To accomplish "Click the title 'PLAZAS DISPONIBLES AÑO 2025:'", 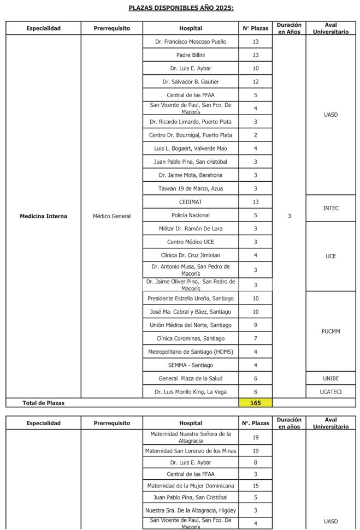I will tap(181, 8).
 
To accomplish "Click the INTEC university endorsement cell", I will tap(331, 209).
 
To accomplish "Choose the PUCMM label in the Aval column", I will tap(331, 331).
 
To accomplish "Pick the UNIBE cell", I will tap(331, 378).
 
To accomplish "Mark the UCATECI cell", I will tap(331, 392).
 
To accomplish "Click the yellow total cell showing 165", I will tap(256, 403).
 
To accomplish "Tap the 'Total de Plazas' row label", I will tap(44, 403).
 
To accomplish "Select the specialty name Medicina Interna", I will tap(44, 216).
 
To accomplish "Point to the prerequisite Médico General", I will tap(112, 216).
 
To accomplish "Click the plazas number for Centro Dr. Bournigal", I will tap(256, 135).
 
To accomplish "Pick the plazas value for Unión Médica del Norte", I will tap(256, 325).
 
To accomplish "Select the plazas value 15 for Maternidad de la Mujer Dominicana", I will tap(256, 486).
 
